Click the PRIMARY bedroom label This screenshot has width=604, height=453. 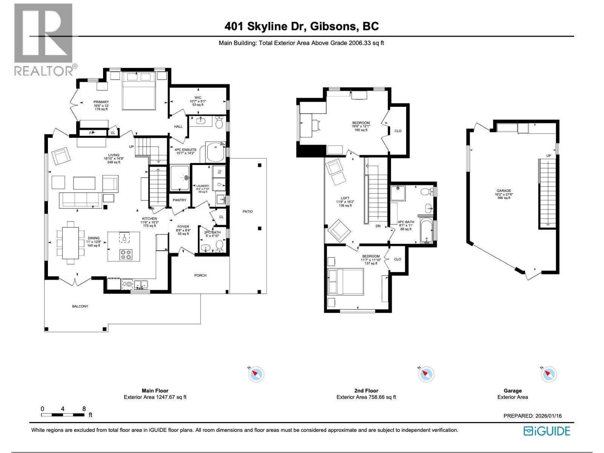pyautogui.click(x=101, y=102)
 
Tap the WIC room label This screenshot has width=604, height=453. pyautogui.click(x=198, y=98)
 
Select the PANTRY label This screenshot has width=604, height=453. pyautogui.click(x=179, y=200)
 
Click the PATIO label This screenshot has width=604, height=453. pyautogui.click(x=248, y=211)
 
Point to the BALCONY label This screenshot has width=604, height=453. pyautogui.click(x=80, y=306)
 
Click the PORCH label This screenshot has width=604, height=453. pyautogui.click(x=200, y=275)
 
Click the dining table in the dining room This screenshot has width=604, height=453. pyautogui.click(x=71, y=242)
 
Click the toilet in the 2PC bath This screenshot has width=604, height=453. pyautogui.click(x=219, y=246)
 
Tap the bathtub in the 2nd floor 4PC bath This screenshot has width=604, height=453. pyautogui.click(x=427, y=231)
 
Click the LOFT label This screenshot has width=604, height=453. pyautogui.click(x=345, y=198)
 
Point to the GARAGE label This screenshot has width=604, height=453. pyautogui.click(x=504, y=191)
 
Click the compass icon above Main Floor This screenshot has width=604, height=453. pyautogui.click(x=256, y=374)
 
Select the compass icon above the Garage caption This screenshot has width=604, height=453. pyautogui.click(x=549, y=374)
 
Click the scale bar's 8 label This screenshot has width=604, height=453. pyautogui.click(x=84, y=409)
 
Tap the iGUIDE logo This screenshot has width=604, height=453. pyautogui.click(x=547, y=431)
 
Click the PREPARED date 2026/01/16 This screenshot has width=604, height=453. pyautogui.click(x=548, y=416)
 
